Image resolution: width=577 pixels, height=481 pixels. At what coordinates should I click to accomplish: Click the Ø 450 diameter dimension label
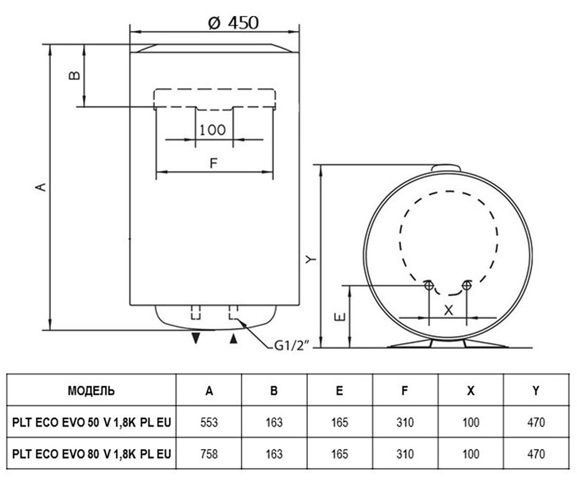pos(233,23)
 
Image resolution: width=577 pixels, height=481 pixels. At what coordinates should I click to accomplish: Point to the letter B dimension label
pos(74,75)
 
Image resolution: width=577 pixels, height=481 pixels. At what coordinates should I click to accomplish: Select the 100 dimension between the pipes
pos(213,130)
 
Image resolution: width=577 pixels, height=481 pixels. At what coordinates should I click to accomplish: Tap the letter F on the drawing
pos(213,163)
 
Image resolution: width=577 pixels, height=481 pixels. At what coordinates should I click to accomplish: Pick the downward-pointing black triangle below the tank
pos(196,338)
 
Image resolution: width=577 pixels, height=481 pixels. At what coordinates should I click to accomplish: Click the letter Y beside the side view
pos(311,259)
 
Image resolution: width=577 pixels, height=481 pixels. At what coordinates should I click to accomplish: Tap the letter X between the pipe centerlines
pos(449,310)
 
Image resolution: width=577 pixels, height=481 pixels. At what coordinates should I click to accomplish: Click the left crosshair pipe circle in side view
pos(428,285)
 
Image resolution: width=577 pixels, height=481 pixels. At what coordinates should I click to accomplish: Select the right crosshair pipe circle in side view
pos(467,285)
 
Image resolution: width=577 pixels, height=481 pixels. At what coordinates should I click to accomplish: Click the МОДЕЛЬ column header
pos(91,391)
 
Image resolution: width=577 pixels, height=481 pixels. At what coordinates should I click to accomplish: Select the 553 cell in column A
pos(209,422)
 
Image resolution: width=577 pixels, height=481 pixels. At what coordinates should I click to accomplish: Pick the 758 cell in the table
pos(209,454)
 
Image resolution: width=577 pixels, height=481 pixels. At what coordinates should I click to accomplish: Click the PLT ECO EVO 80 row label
pos(92,454)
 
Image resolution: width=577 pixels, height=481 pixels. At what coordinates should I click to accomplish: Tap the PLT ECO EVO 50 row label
pos(92,422)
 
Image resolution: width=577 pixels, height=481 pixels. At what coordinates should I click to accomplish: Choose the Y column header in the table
pos(536,391)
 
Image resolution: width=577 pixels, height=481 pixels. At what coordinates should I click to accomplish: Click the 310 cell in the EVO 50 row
pos(405,422)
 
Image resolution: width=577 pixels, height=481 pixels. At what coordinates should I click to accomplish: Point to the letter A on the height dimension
pos(41,187)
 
